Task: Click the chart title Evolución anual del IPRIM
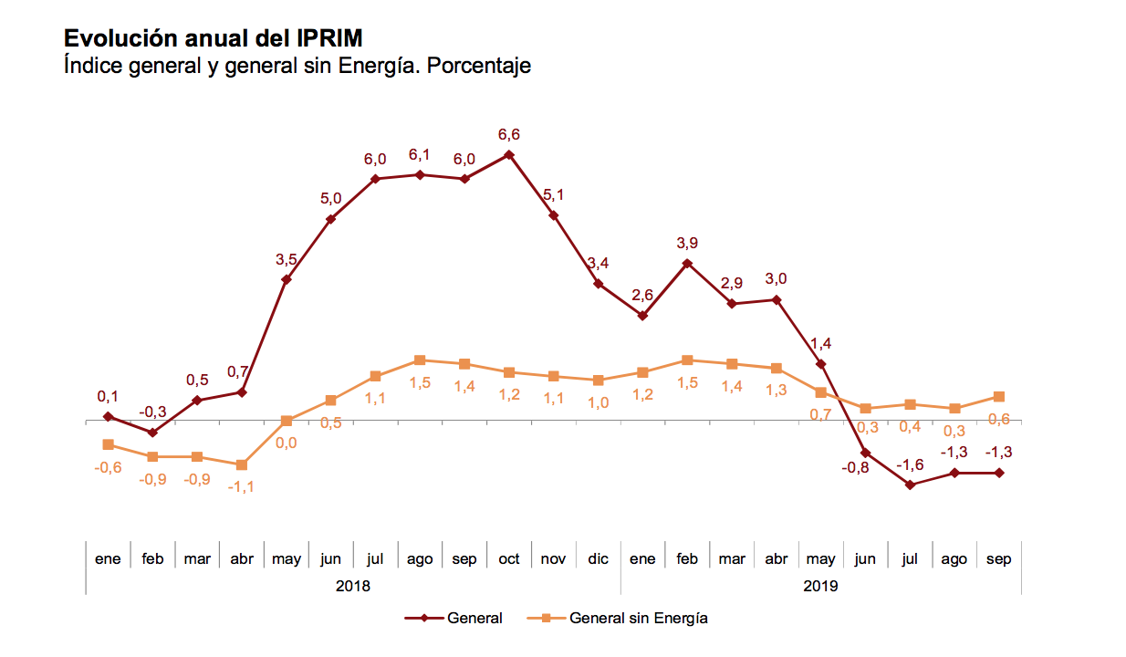point(214,38)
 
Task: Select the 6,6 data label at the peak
point(509,135)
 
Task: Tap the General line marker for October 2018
point(509,155)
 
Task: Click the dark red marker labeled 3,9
point(687,264)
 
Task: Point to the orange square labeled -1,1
point(242,464)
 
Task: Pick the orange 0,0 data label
point(287,443)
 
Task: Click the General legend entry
point(454,618)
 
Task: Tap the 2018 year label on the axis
point(353,586)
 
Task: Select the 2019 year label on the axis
point(820,586)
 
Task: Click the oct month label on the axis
point(509,558)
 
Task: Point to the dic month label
point(598,558)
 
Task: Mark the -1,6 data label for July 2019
point(910,465)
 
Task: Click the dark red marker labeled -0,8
point(865,453)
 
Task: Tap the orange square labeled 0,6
point(999,397)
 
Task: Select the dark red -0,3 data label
point(152,412)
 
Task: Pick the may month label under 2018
point(287,558)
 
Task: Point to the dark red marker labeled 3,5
point(287,279)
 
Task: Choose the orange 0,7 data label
point(820,414)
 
